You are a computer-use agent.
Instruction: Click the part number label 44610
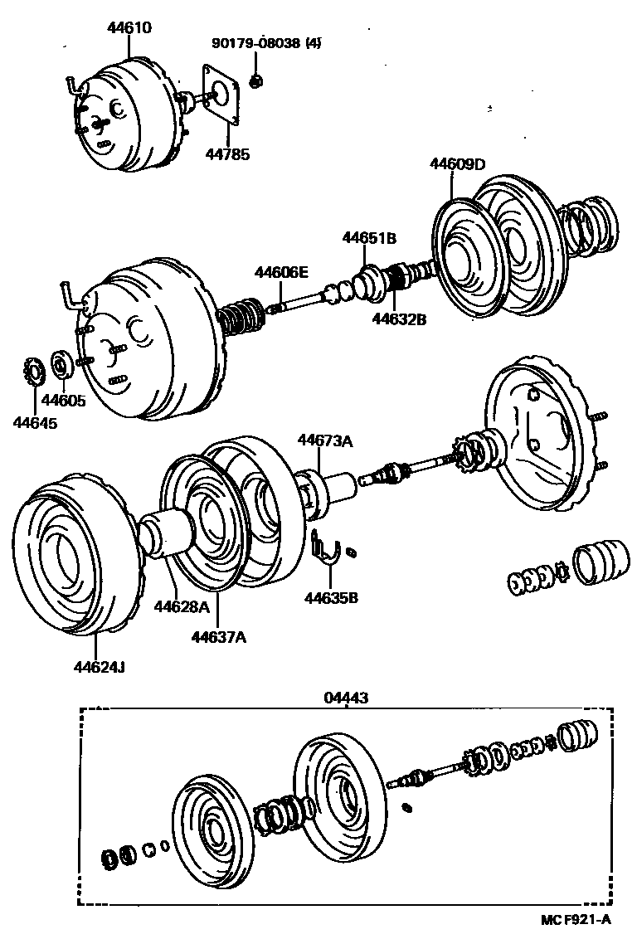click(130, 27)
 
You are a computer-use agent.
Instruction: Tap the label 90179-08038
click(256, 43)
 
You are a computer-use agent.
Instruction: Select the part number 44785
click(227, 154)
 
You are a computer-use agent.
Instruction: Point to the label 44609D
click(457, 164)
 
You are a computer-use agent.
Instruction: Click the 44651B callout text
click(369, 238)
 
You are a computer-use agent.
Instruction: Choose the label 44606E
click(281, 272)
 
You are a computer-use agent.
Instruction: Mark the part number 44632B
click(399, 319)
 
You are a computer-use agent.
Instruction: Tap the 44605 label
click(64, 401)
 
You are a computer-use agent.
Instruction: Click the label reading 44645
click(36, 423)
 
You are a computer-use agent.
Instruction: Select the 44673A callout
click(325, 441)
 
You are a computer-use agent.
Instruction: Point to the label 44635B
click(331, 597)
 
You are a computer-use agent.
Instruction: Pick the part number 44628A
click(182, 607)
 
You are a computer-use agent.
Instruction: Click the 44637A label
click(219, 637)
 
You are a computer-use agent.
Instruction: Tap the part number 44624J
click(100, 667)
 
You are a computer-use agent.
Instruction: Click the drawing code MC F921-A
click(576, 919)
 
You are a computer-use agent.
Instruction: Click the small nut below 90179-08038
click(255, 80)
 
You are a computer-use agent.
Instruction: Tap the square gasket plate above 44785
click(221, 96)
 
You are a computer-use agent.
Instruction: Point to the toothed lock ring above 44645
click(33, 372)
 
